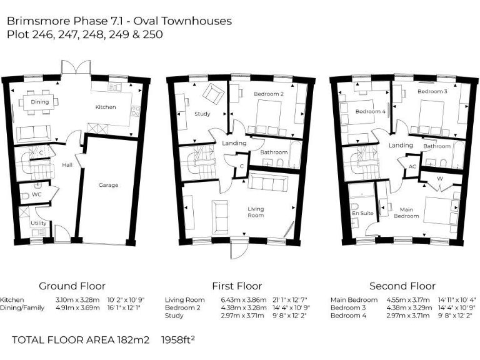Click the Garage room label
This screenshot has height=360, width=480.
108,185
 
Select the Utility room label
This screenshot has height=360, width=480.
38,223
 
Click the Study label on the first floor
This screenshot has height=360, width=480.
202,114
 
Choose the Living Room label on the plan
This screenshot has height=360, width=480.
255,212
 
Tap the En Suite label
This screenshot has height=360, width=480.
362,213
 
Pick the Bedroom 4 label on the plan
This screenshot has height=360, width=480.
371,112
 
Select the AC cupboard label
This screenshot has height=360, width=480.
412,167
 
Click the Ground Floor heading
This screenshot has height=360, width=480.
72,286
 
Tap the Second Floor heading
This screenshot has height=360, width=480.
402,286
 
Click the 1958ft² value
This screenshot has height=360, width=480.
178,340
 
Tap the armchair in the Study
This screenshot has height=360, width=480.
216,94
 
